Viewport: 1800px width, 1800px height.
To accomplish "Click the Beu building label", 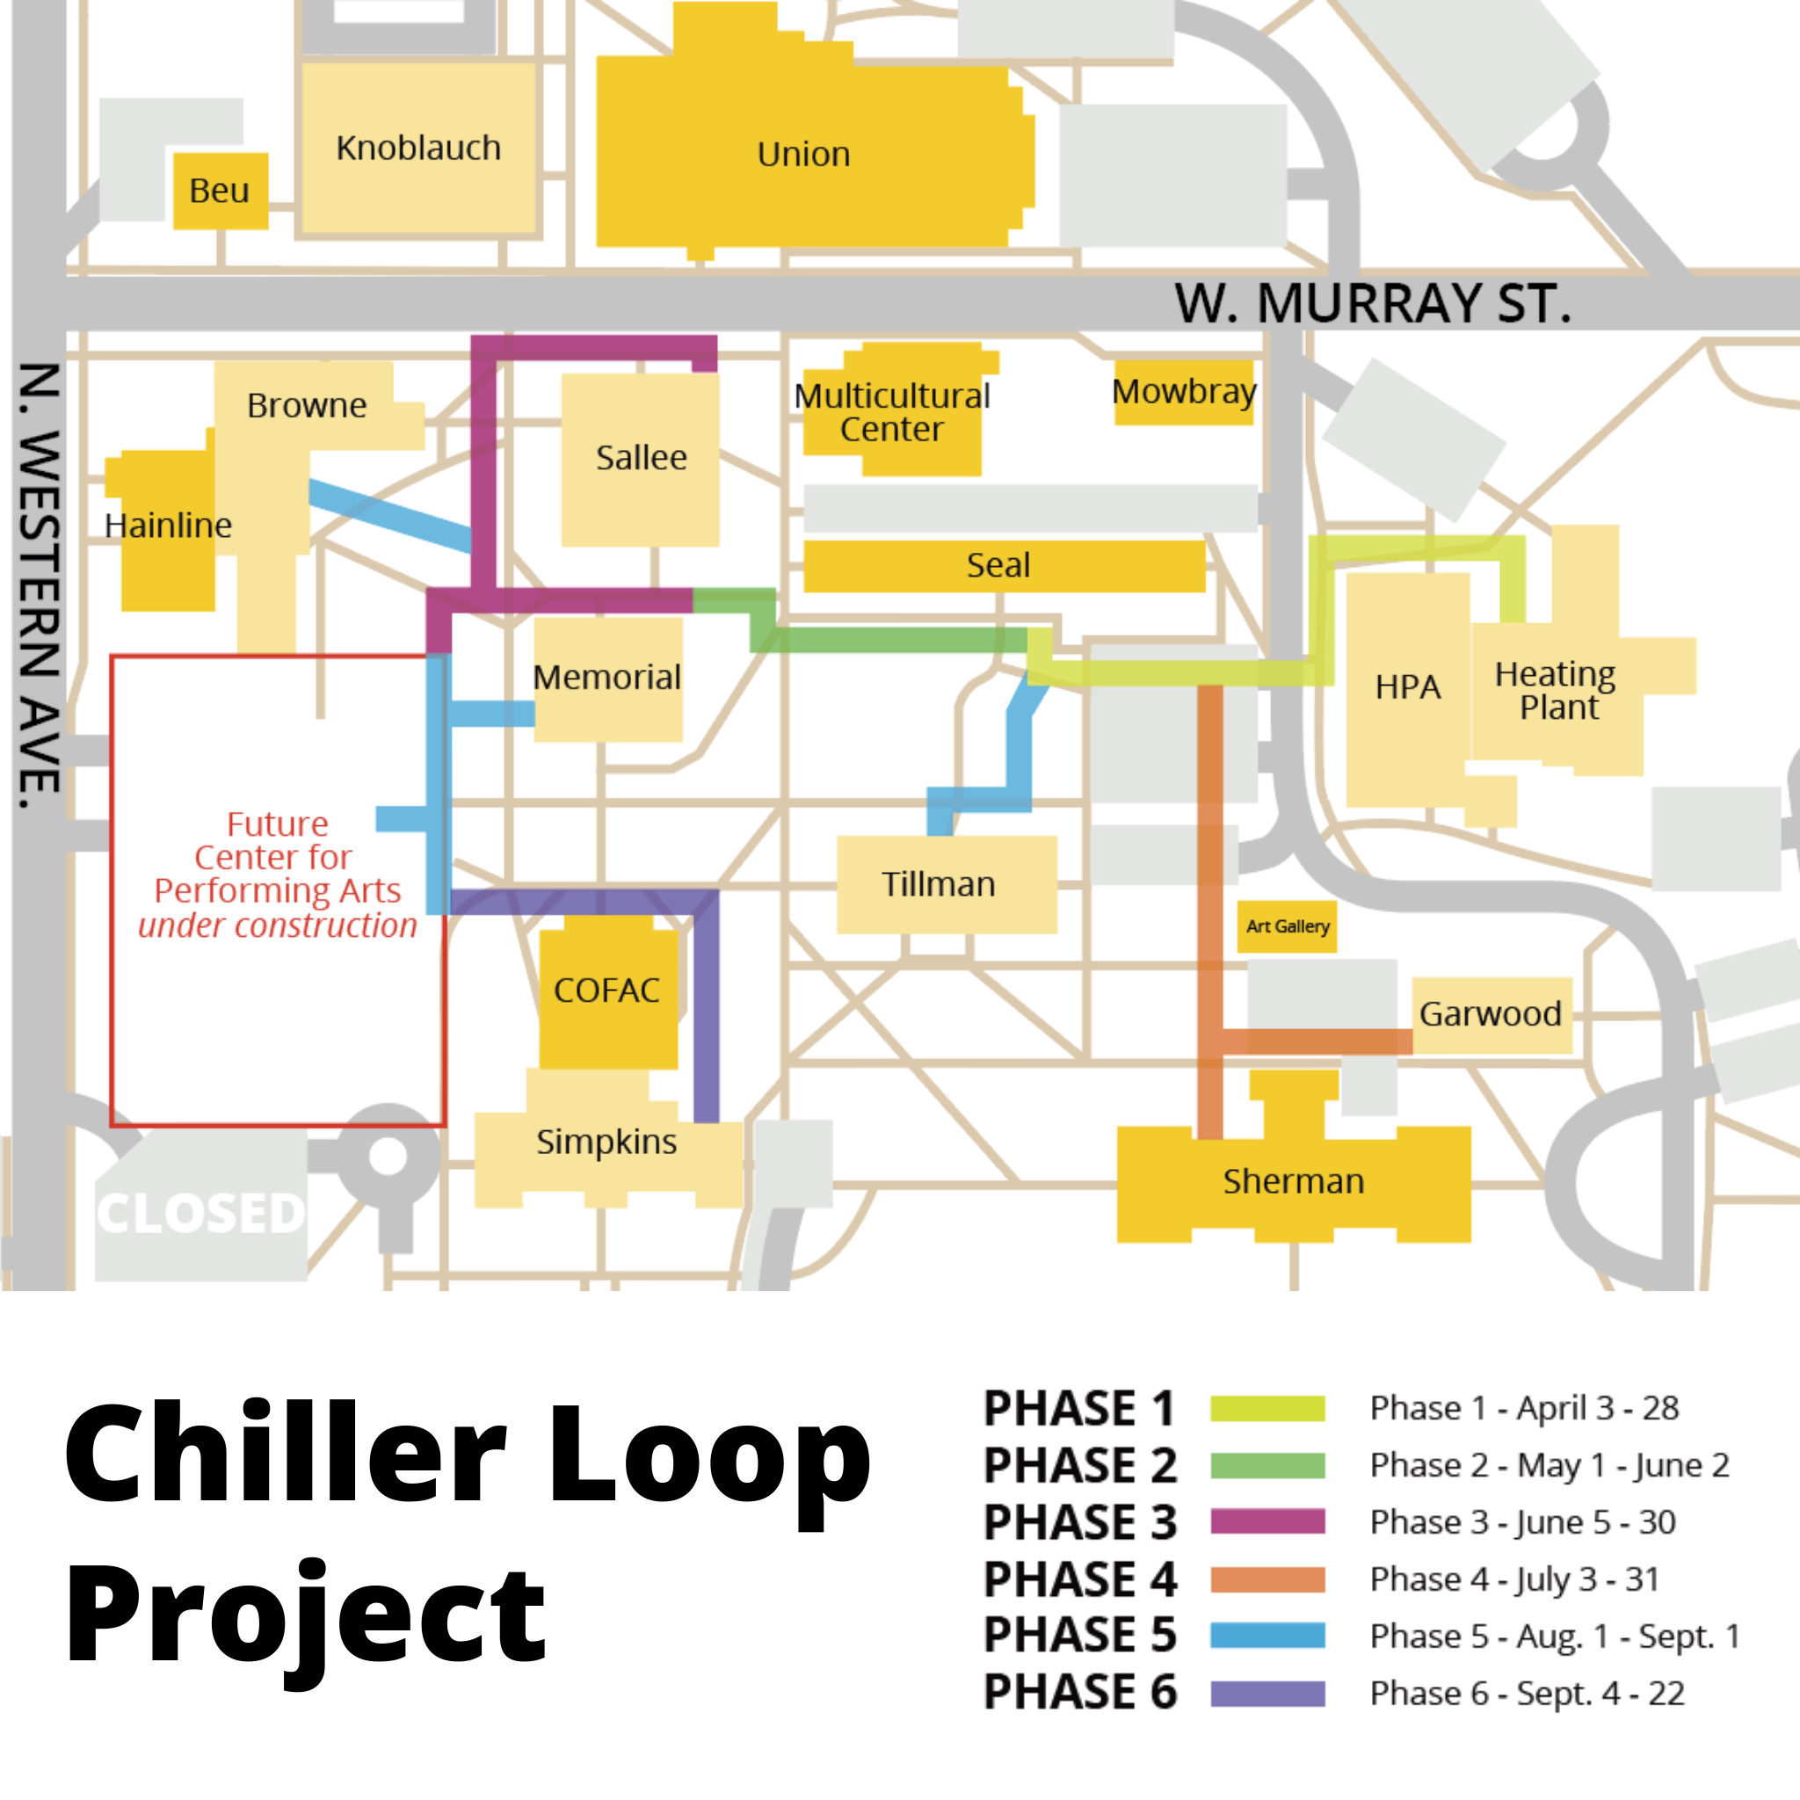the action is click(219, 191).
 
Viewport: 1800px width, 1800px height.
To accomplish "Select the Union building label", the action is click(803, 155).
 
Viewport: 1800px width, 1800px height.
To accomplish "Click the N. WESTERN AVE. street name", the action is click(40, 585).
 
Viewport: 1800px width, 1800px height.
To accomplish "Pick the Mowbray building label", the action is click(1184, 392).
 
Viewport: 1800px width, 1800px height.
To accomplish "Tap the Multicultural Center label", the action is click(891, 412).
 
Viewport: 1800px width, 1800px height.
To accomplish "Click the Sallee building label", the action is click(641, 457).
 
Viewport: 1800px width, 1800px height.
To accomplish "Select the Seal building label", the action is click(998, 564).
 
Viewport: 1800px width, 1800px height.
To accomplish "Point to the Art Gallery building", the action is click(1287, 926).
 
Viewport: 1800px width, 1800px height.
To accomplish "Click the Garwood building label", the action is click(1490, 1013).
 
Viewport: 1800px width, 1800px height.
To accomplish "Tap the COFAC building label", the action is click(606, 991).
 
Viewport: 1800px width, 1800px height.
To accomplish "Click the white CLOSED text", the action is click(201, 1213).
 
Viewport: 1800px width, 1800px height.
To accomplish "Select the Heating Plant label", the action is click(1555, 690).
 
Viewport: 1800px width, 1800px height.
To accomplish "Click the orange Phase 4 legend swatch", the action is click(1267, 1580).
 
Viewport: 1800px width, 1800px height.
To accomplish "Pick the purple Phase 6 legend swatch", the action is click(1267, 1694).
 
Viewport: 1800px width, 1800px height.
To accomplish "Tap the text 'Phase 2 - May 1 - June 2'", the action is click(1550, 1465).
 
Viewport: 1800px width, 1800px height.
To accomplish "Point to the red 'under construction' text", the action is click(278, 926).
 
